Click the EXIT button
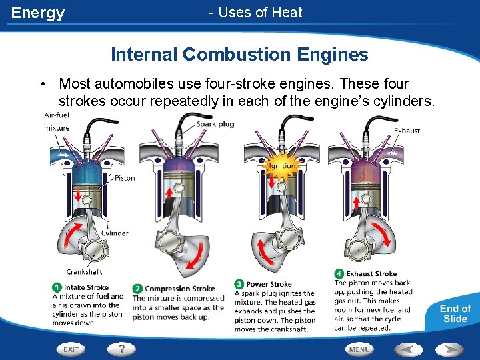coord(71,349)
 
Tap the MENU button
coord(359,349)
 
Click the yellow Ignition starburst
coord(281,166)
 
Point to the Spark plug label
coord(215,124)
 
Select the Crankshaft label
coord(84,271)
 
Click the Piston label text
coord(125,178)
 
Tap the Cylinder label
coord(115,233)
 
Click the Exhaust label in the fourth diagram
coord(407,131)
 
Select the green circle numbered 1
coord(57,287)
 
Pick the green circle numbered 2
coord(137,289)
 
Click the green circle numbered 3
coord(239,284)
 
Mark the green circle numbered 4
coord(339,273)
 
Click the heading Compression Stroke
coord(180,289)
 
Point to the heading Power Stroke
coord(269,284)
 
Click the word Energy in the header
coord(37,13)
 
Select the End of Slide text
coord(455,313)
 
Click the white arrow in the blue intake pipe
coord(64,155)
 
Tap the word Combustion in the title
coord(237,54)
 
